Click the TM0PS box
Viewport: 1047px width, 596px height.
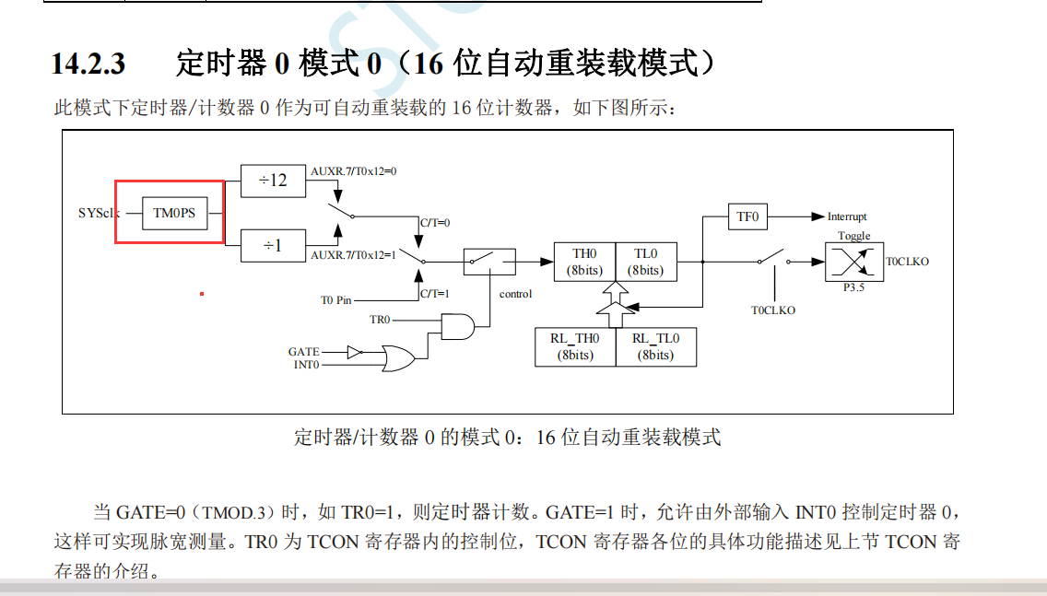[175, 213]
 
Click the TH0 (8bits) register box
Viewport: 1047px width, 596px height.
[584, 262]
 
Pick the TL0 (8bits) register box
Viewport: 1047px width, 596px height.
[645, 262]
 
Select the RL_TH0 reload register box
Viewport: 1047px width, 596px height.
[575, 346]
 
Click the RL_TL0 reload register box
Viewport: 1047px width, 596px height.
[655, 346]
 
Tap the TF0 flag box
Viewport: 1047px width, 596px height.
[747, 216]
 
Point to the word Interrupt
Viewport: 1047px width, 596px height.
[847, 216]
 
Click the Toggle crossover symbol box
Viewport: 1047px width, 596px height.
[853, 262]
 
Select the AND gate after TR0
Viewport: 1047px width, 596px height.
[458, 325]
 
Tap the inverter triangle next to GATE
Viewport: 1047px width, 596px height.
[355, 351]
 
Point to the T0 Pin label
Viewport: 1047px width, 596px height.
[335, 300]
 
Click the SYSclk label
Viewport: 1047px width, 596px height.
[98, 213]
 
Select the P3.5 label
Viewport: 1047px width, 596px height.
[853, 287]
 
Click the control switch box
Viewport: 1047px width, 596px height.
[488, 262]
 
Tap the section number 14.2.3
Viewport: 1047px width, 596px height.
[88, 64]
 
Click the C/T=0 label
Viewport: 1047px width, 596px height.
[435, 222]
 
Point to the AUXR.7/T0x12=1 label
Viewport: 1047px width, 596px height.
[353, 255]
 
